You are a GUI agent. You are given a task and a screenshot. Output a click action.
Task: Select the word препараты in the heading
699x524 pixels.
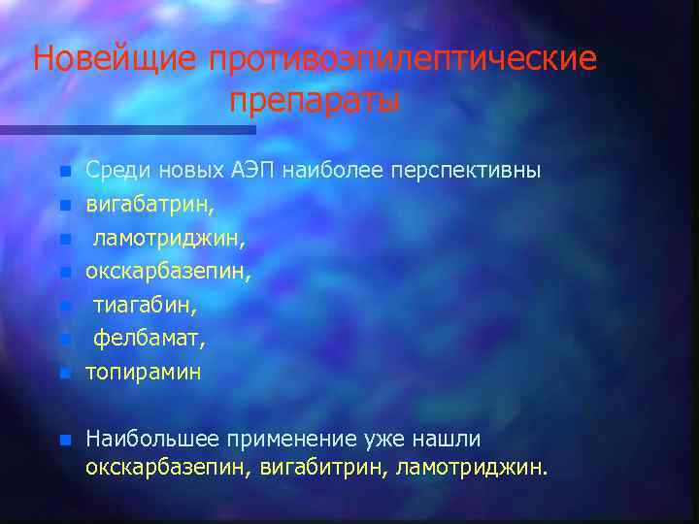click(x=315, y=100)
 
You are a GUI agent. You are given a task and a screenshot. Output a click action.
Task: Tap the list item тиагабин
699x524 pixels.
click(x=145, y=306)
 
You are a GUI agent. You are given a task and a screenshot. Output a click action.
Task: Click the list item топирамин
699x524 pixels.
click(x=143, y=373)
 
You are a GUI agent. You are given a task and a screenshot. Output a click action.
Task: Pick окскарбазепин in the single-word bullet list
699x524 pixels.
click(x=168, y=272)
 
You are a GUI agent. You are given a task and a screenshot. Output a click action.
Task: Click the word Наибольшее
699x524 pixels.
click(x=146, y=440)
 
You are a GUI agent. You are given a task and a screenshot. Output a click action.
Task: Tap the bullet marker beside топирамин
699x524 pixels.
click(x=64, y=373)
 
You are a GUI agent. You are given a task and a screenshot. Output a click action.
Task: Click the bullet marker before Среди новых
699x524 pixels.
click(x=64, y=172)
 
